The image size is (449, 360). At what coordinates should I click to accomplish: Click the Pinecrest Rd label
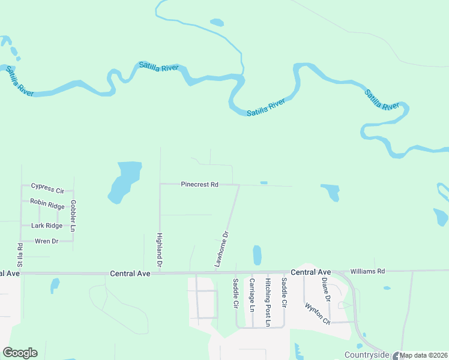[199, 185]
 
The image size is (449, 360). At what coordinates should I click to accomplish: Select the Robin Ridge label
[47, 203]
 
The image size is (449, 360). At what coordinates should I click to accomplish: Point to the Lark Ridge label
[47, 226]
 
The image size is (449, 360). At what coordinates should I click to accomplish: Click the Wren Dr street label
[47, 241]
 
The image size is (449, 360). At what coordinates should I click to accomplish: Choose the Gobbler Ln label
[73, 216]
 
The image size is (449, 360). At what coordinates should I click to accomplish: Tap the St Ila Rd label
[20, 255]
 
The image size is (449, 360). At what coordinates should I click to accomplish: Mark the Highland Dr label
[160, 250]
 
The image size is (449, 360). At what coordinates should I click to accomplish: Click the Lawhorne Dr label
[222, 249]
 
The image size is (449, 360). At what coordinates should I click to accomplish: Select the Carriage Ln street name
[252, 295]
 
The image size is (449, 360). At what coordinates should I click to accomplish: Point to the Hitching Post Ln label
[268, 302]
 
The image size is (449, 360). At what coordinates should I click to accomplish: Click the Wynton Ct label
[318, 312]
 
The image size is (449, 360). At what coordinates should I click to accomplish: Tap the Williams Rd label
[367, 271]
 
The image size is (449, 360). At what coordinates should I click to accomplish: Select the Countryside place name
[366, 355]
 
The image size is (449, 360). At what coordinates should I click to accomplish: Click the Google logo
[20, 353]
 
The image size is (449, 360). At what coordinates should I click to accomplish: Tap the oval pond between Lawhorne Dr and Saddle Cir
[258, 255]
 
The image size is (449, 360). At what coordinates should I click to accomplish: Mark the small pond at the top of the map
[217, 23]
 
